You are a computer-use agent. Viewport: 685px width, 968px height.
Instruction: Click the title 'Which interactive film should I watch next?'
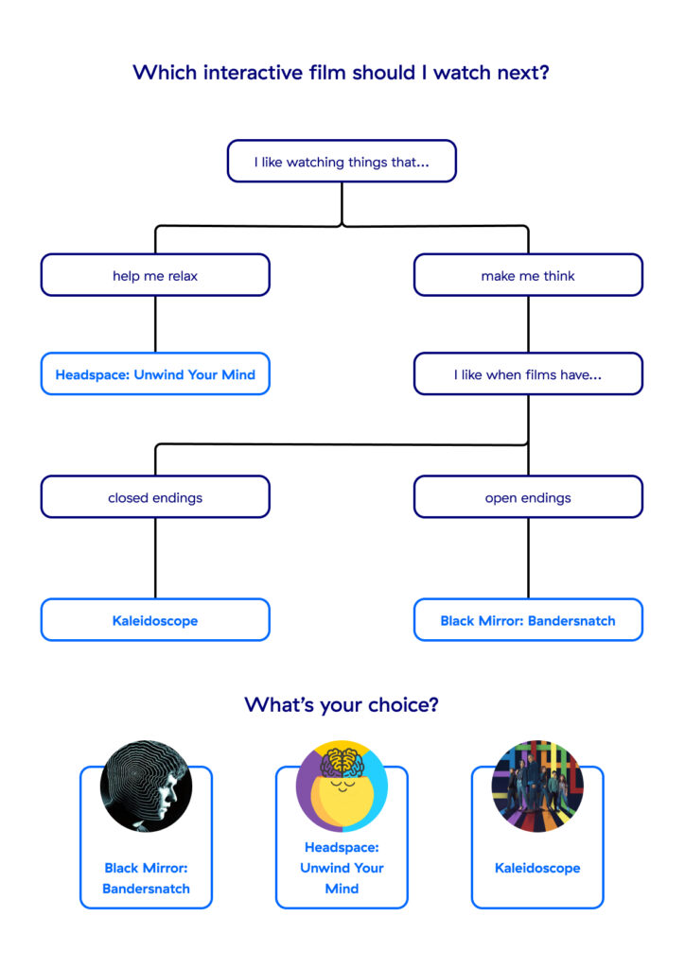pyautogui.click(x=342, y=73)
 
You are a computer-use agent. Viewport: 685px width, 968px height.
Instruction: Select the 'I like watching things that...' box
pyautogui.click(x=342, y=162)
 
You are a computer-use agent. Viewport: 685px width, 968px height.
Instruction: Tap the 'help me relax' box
pyautogui.click(x=155, y=275)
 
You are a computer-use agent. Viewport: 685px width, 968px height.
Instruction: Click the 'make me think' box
pyautogui.click(x=528, y=275)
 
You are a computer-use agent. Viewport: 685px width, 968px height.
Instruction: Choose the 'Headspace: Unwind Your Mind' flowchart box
pyautogui.click(x=155, y=374)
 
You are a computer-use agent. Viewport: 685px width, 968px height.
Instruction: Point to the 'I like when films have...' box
pyautogui.click(x=528, y=374)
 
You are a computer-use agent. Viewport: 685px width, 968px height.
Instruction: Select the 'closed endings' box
pyautogui.click(x=155, y=497)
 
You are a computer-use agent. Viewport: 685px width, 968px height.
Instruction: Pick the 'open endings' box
pyautogui.click(x=528, y=497)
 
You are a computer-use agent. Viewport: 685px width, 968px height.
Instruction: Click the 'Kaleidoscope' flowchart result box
pyautogui.click(x=155, y=620)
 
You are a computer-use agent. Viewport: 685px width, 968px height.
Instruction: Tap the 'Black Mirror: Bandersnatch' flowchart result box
pyautogui.click(x=528, y=620)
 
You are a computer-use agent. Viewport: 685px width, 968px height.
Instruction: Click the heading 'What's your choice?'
pyautogui.click(x=342, y=704)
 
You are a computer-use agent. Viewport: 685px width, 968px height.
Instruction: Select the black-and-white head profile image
pyautogui.click(x=146, y=786)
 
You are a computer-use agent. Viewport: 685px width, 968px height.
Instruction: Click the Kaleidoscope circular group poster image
pyautogui.click(x=537, y=786)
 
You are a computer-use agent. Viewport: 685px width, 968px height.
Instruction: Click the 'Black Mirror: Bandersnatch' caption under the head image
pyautogui.click(x=146, y=878)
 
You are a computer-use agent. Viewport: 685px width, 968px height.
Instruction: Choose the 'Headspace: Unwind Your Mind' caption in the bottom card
pyautogui.click(x=342, y=868)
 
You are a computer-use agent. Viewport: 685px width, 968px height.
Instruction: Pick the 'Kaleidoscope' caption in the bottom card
pyautogui.click(x=537, y=868)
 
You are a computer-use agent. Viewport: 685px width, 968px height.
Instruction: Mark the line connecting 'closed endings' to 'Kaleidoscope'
pyautogui.click(x=155, y=558)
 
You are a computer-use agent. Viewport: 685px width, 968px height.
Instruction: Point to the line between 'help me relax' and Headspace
pyautogui.click(x=155, y=324)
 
